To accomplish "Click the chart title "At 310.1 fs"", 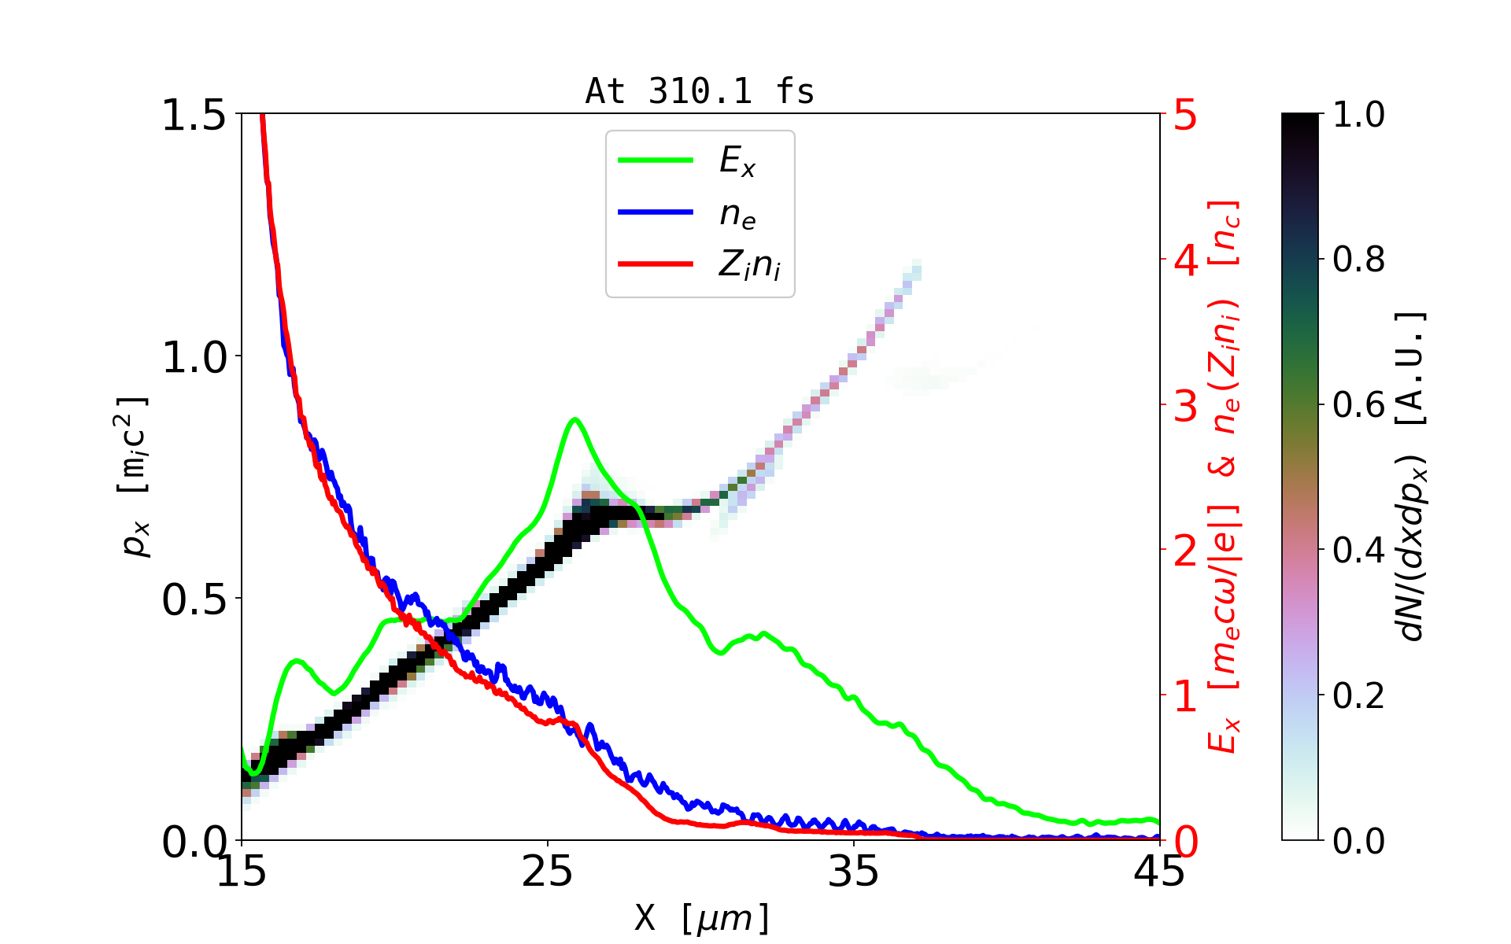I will point(700,91).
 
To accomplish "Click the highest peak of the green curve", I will point(575,419).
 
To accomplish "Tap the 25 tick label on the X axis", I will point(548,872).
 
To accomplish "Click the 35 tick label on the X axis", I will point(854,872).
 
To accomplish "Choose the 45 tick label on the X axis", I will point(1159,872).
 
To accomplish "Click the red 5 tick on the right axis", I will point(1185,116).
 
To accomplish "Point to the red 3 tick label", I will point(1185,406).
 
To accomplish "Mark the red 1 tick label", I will point(1185,696).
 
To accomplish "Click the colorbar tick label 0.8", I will point(1359,260).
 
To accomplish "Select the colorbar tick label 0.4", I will point(1359,551).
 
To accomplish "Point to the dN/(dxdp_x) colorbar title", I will point(1413,477).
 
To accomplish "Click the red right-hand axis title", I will point(1225,477).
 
